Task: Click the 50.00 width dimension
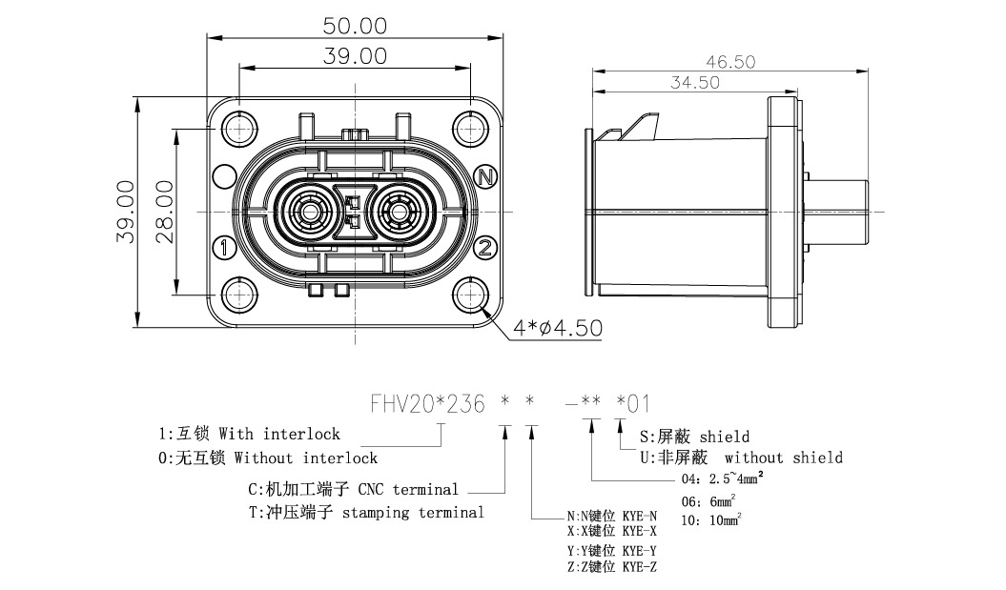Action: [355, 24]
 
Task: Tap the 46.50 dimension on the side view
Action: [730, 62]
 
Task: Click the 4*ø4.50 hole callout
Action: [558, 329]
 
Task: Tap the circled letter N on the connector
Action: [486, 176]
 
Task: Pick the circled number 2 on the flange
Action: [486, 249]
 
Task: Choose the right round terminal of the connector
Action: [399, 211]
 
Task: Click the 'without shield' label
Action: [784, 458]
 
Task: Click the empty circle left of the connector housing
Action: [224, 176]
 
